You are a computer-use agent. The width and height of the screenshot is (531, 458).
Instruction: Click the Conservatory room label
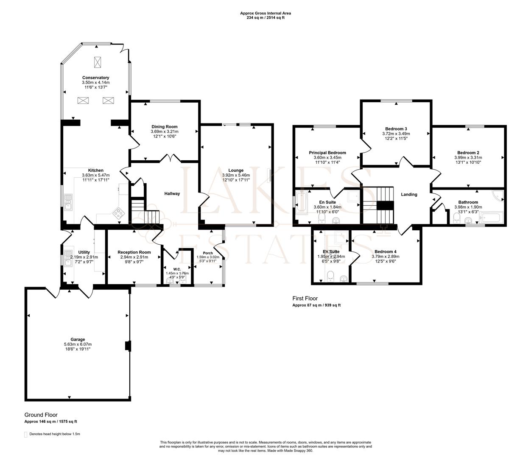click(95, 78)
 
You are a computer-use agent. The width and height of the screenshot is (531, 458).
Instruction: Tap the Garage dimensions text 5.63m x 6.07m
click(78, 344)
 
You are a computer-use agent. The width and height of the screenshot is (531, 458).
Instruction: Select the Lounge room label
click(236, 170)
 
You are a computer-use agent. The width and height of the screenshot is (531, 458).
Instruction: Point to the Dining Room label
click(165, 127)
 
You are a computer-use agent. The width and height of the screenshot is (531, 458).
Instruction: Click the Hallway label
click(172, 194)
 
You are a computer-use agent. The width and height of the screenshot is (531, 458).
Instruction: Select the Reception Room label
click(134, 252)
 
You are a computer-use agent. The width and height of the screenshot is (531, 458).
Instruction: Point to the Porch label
click(208, 253)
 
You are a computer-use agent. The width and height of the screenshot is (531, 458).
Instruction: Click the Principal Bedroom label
click(327, 153)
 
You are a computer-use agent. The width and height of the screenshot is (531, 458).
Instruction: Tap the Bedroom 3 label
click(396, 129)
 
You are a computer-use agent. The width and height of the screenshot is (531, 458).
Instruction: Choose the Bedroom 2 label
click(468, 153)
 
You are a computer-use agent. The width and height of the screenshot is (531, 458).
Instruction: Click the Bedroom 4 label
click(386, 251)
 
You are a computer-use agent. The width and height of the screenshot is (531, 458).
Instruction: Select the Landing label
click(409, 195)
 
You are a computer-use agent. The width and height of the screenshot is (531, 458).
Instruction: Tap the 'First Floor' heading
click(305, 299)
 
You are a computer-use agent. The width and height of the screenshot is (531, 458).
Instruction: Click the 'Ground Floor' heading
click(41, 415)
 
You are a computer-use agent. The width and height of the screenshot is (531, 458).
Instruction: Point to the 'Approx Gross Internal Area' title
click(265, 14)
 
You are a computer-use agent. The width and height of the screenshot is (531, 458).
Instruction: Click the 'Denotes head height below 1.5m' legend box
click(26, 435)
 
